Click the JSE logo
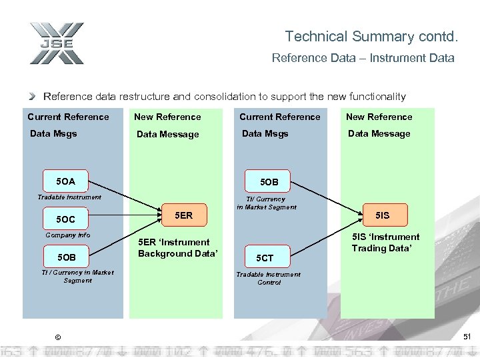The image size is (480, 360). pyautogui.click(x=56, y=43)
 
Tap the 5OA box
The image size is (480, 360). pyautogui.click(x=66, y=181)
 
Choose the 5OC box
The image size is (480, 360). pyautogui.click(x=66, y=219)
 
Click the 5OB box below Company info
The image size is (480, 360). pyautogui.click(x=66, y=257)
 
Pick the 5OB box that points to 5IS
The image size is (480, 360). pyautogui.click(x=269, y=181)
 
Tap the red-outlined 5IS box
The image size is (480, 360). pyautogui.click(x=382, y=215)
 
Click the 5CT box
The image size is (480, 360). pyautogui.click(x=265, y=258)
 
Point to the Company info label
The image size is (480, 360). pyautogui.click(x=67, y=235)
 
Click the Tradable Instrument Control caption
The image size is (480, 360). pyautogui.click(x=268, y=279)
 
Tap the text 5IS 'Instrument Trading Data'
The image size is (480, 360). pyautogui.click(x=386, y=243)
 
